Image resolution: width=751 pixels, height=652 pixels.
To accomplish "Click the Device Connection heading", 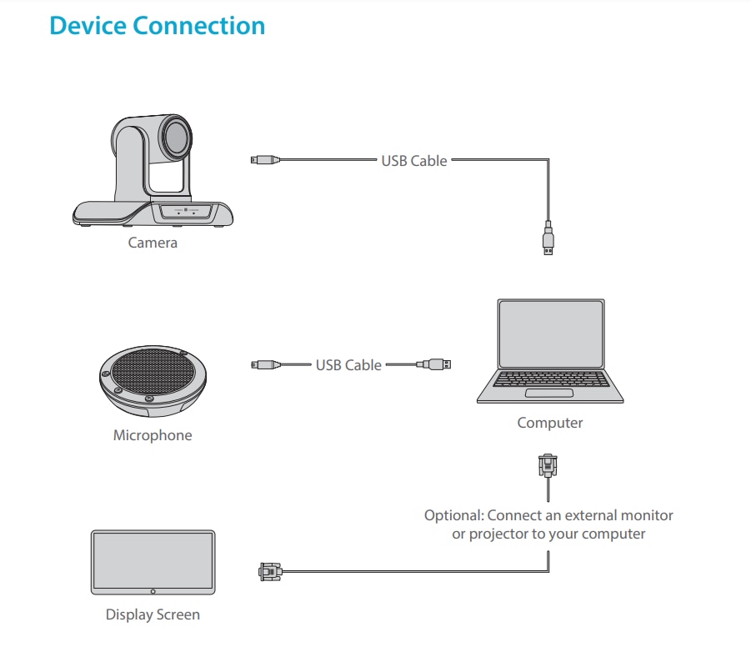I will click(x=157, y=26).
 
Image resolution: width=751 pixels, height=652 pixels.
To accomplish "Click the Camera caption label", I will click(x=153, y=243).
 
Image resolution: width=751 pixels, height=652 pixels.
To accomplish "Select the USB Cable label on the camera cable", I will click(x=414, y=160).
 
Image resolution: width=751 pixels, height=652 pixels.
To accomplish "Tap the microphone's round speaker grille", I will click(x=153, y=373).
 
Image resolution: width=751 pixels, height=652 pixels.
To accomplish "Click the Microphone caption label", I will click(x=153, y=435).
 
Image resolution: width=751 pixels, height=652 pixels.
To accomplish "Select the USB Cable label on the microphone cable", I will click(x=348, y=364).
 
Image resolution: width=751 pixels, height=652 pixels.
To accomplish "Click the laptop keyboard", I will click(x=550, y=379).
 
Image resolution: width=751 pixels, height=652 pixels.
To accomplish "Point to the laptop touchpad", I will click(x=550, y=392).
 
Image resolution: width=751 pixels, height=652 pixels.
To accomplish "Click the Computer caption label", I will click(x=550, y=423).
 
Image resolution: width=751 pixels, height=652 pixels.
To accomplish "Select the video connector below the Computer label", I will click(x=547, y=464).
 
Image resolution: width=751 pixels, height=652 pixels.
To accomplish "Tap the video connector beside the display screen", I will click(x=268, y=571).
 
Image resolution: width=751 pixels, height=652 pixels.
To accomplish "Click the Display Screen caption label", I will click(x=153, y=615).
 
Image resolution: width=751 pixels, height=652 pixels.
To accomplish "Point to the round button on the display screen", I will click(x=153, y=591).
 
